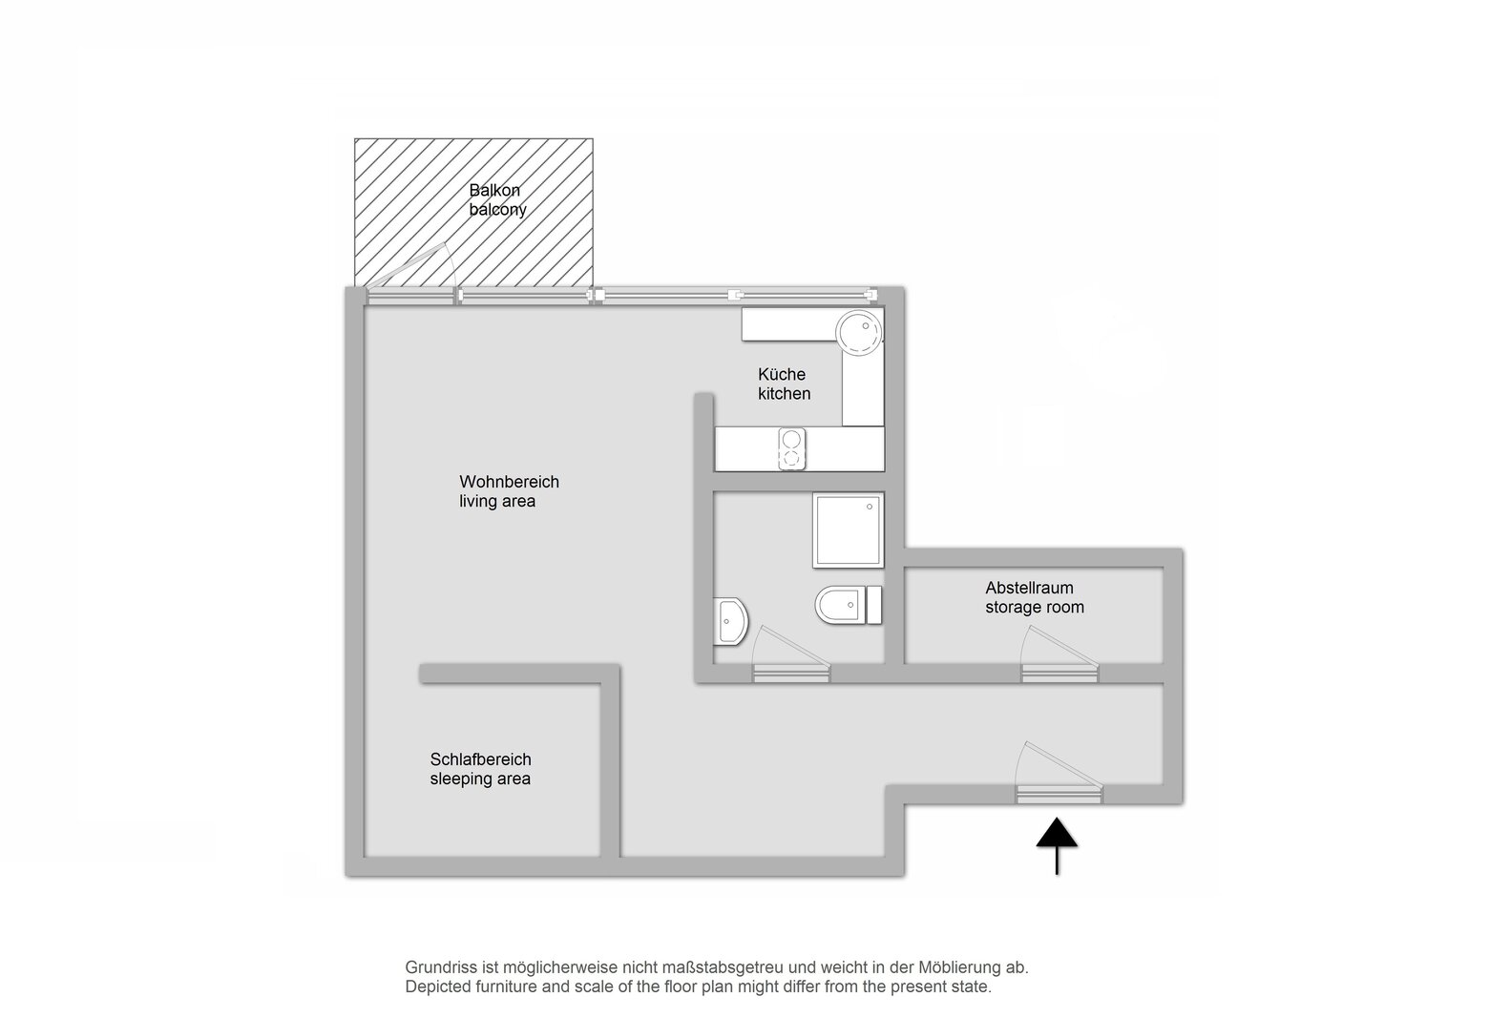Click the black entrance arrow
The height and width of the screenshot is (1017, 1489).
pyautogui.click(x=1057, y=845)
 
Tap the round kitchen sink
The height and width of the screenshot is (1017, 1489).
pyautogui.click(x=859, y=332)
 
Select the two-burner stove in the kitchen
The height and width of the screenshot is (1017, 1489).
pyautogui.click(x=791, y=448)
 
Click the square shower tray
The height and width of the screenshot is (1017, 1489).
pyautogui.click(x=849, y=530)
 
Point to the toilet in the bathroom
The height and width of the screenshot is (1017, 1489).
pyautogui.click(x=849, y=605)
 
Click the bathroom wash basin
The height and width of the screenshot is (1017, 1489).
pyautogui.click(x=730, y=621)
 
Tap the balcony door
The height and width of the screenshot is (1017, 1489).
pyautogui.click(x=410, y=276)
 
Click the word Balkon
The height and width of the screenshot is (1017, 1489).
pyautogui.click(x=494, y=191)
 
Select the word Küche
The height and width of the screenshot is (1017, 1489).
pyautogui.click(x=782, y=375)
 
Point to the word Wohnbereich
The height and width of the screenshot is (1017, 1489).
pyautogui.click(x=509, y=482)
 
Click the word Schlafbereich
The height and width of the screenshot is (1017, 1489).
pyautogui.click(x=481, y=759)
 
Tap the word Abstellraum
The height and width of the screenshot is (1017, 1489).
pyautogui.click(x=1029, y=588)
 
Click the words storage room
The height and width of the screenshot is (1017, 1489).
pyautogui.click(x=1035, y=607)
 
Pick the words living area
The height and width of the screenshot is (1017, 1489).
pyautogui.click(x=497, y=502)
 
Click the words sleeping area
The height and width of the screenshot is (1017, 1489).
pyautogui.click(x=480, y=778)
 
